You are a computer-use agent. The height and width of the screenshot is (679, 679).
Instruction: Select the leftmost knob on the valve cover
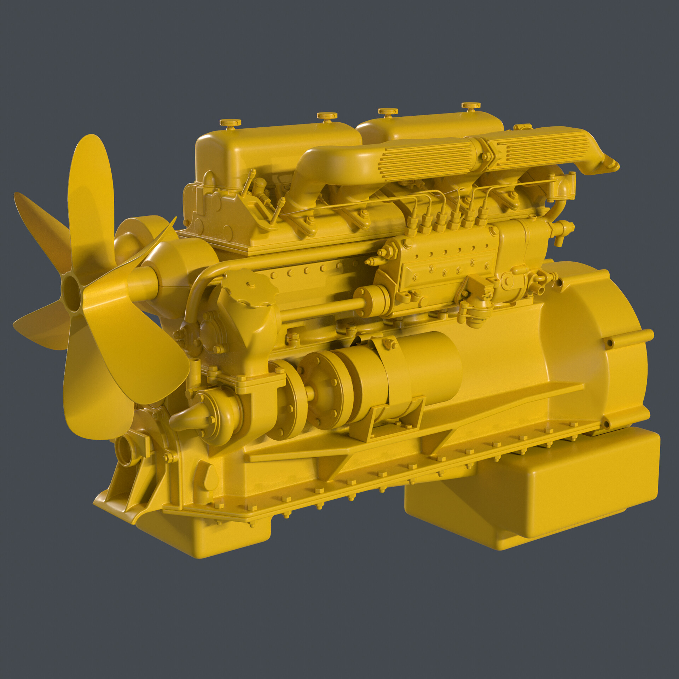pyautogui.click(x=230, y=123)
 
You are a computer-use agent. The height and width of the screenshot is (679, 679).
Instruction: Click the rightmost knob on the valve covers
pyautogui.click(x=471, y=105)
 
